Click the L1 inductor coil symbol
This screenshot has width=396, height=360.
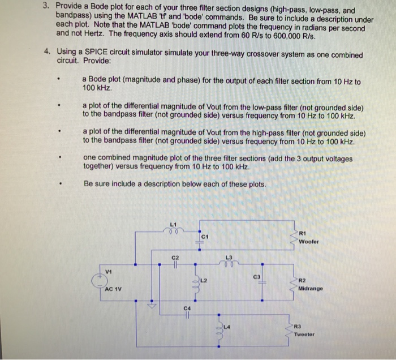click(174, 231)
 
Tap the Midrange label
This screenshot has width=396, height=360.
click(311, 288)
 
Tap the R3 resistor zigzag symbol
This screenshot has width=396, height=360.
click(294, 331)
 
